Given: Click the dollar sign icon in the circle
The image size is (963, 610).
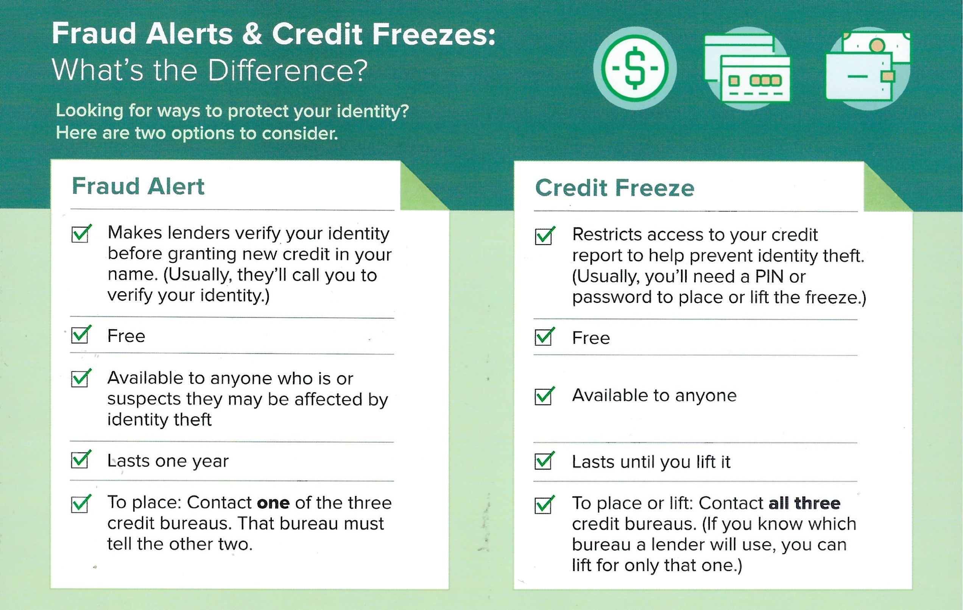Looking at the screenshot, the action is (x=635, y=69).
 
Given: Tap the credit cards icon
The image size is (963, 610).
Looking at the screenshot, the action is (x=747, y=68).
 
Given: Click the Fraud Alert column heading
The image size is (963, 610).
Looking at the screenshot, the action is (x=138, y=186).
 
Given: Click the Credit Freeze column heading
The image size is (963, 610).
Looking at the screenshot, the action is (x=615, y=188).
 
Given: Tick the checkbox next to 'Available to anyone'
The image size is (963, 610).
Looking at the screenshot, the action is (x=545, y=396).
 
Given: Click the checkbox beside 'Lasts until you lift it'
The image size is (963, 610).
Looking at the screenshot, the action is (x=545, y=460).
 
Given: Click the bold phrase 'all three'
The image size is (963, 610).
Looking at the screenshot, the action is (x=804, y=503).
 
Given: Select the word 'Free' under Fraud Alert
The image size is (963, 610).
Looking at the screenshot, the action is (x=126, y=336).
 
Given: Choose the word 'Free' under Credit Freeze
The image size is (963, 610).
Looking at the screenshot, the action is (x=591, y=338).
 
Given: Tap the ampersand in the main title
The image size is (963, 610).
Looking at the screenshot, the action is (x=252, y=34).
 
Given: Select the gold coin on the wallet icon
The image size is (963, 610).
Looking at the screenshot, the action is (x=877, y=45).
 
